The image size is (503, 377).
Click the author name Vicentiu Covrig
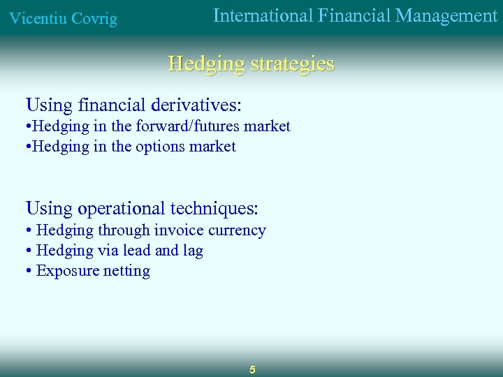[63, 19]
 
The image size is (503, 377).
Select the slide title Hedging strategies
[251, 64]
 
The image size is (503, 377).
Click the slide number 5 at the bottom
[252, 369]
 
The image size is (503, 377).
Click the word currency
[235, 230]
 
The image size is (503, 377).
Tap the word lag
[192, 251]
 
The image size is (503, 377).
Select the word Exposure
[67, 271]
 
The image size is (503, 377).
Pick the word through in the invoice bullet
[124, 230]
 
